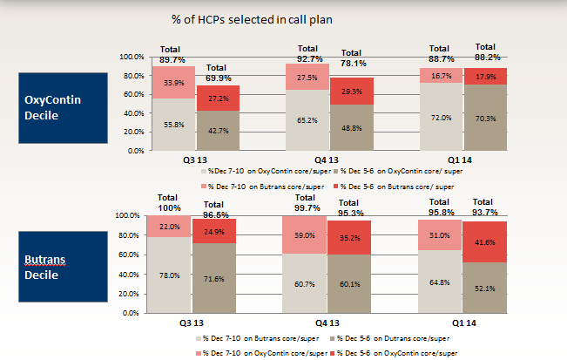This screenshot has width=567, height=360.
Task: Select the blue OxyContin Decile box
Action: tap(57, 107)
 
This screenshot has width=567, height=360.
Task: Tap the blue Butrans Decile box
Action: tap(57, 265)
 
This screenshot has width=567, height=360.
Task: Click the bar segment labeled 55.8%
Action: tap(173, 125)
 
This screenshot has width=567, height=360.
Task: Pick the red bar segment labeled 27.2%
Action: tap(218, 98)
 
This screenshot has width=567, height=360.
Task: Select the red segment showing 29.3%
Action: tap(352, 92)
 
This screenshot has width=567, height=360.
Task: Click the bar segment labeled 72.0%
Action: tap(442, 117)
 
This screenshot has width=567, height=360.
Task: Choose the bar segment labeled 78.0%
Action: tap(173, 275)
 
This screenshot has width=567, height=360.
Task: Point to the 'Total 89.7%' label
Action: tap(173, 53)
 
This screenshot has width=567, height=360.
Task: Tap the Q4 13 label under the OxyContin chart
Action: tap(329, 160)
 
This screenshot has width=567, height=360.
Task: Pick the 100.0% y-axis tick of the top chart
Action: tap(131, 58)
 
